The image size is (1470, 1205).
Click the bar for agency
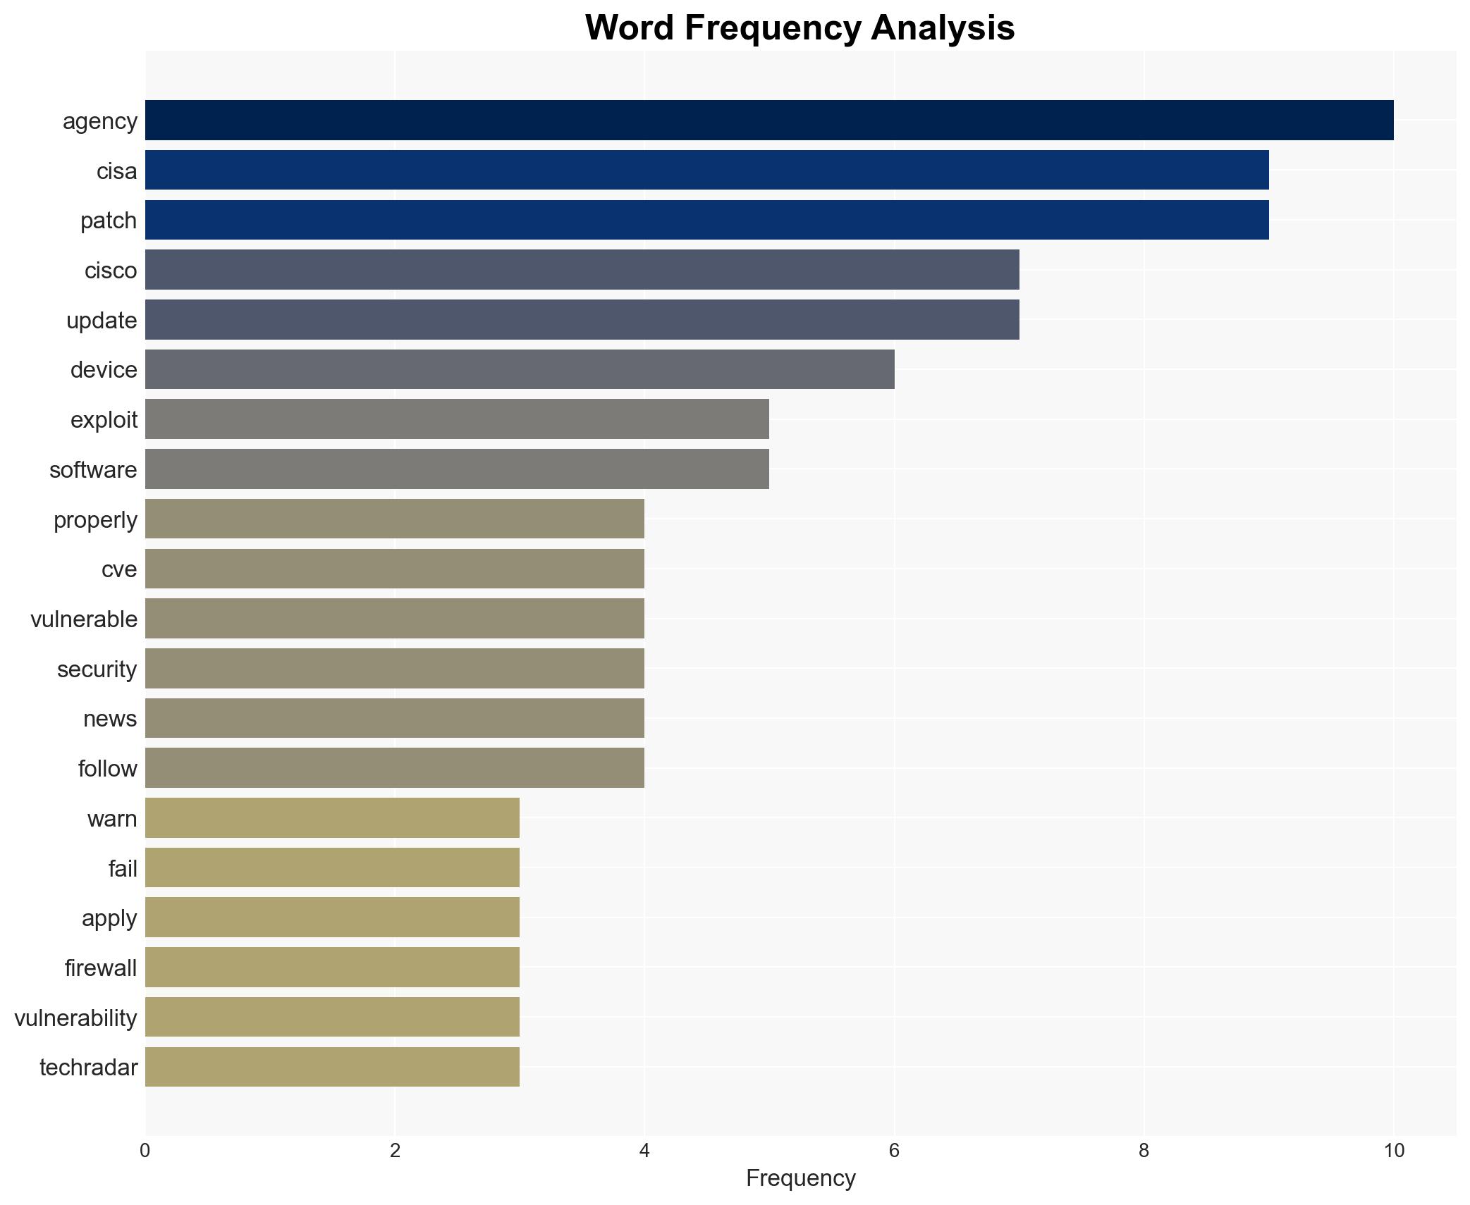click(768, 121)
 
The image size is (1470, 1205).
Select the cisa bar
click(706, 170)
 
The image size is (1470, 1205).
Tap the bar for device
click(520, 369)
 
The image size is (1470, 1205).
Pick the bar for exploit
click(457, 419)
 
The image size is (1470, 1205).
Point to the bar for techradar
click(332, 1067)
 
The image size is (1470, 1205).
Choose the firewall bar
click(332, 968)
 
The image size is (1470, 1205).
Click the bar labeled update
click(582, 320)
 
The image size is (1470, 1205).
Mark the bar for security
click(395, 669)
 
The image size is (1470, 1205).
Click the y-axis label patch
click(109, 221)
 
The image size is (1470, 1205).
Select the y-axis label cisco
click(111, 271)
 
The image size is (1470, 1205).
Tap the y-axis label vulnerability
click(75, 1018)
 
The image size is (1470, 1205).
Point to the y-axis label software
click(93, 470)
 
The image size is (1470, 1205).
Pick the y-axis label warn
click(112, 819)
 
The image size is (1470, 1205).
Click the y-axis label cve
click(119, 569)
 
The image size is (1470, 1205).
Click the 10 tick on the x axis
click(1394, 1151)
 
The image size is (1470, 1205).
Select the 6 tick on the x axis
click(894, 1151)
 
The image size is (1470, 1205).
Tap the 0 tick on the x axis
click(145, 1151)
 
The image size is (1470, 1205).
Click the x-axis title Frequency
click(800, 1178)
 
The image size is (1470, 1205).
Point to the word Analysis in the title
click(943, 29)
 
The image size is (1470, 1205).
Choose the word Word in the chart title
click(630, 29)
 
